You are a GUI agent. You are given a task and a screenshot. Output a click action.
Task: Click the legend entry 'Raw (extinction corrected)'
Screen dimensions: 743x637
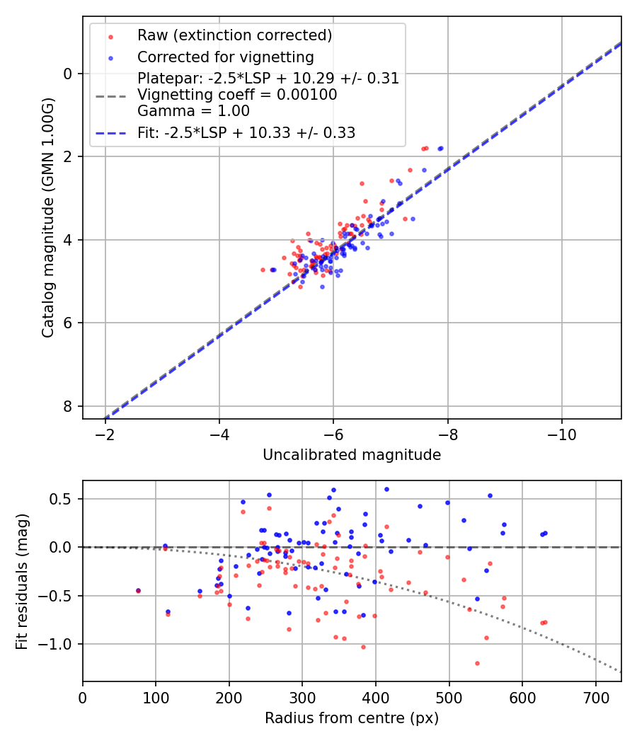pos(234,35)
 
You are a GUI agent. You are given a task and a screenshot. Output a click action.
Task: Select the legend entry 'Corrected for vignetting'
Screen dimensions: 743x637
pos(225,57)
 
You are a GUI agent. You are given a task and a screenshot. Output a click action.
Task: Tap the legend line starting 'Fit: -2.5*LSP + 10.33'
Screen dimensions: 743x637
pos(246,132)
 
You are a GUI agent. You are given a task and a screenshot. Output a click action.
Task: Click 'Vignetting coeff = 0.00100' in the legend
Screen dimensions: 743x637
pos(237,94)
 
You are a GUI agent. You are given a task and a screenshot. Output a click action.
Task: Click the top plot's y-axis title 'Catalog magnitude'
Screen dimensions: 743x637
pos(47,217)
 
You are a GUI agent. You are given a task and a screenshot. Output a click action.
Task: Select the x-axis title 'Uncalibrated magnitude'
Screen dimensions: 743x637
pos(352,455)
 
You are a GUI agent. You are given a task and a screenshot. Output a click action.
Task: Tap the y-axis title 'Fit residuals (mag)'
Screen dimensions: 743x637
pos(23,582)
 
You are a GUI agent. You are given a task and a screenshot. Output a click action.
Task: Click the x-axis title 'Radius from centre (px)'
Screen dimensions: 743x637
pos(352,718)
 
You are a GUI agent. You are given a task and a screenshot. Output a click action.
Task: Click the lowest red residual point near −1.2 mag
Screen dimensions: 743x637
pos(477,663)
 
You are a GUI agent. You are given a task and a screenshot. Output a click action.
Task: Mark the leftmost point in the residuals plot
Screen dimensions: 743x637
pos(139,590)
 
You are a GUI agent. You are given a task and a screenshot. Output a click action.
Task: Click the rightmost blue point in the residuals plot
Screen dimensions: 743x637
pos(545,533)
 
